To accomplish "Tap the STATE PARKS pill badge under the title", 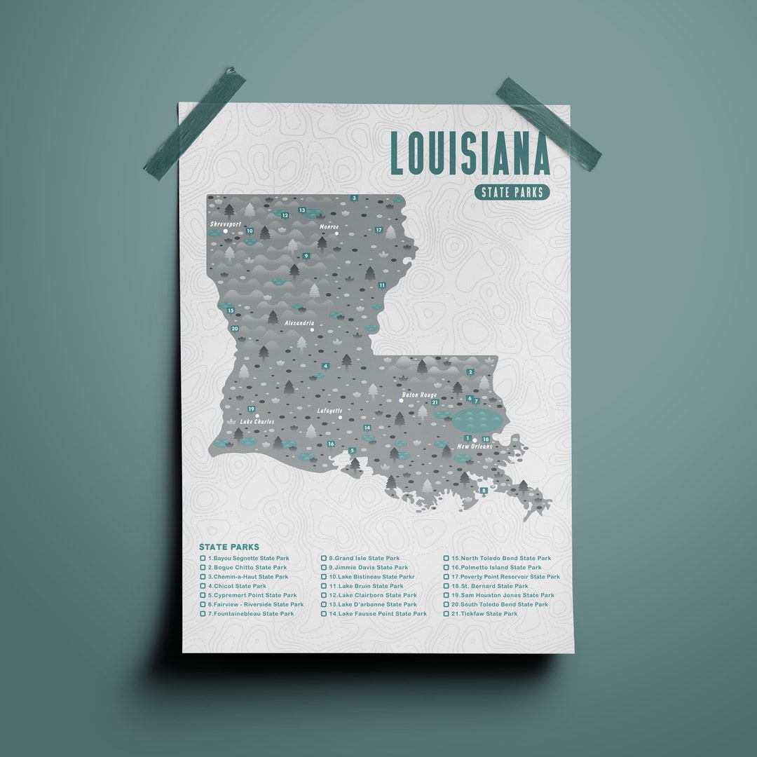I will (x=512, y=193).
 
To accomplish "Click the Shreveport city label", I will (x=226, y=224).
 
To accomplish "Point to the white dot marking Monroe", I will (x=336, y=234).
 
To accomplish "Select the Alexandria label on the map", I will (x=300, y=322).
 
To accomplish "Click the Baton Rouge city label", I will (x=419, y=395).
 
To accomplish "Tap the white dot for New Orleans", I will (x=475, y=439).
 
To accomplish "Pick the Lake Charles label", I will (x=257, y=422).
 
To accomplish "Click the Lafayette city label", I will (x=329, y=411).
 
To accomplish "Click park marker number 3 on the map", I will (x=354, y=198).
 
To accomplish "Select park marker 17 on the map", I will (x=378, y=230).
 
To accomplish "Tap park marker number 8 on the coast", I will (x=484, y=491).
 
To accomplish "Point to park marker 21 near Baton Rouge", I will (x=435, y=402).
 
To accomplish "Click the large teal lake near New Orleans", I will (x=477, y=421).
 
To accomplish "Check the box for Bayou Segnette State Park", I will (x=203, y=559).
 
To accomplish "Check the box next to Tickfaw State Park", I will (x=446, y=614).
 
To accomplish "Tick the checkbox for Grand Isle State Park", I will (x=324, y=559).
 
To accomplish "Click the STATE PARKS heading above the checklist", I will (x=229, y=547).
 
